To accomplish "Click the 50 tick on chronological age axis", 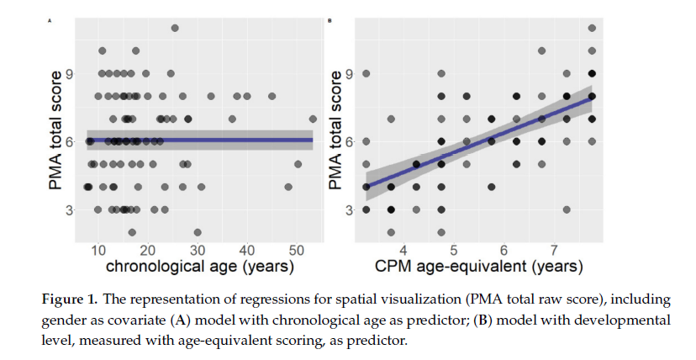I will (x=297, y=251).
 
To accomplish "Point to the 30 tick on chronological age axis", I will (x=198, y=251).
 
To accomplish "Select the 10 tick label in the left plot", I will (x=98, y=251).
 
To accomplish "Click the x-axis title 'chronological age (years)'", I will (x=199, y=267).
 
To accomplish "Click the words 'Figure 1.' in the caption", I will (x=69, y=300).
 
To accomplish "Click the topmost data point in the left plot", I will (x=175, y=28).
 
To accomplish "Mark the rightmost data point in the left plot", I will (x=313, y=119).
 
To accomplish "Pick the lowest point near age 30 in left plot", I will (x=198, y=232).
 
